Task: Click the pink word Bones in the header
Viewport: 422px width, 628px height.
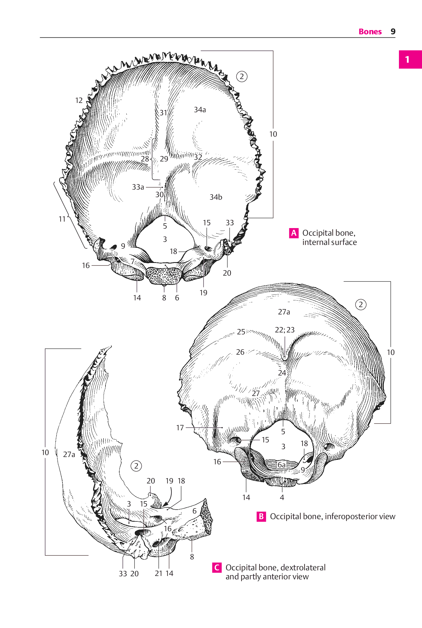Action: coord(370,31)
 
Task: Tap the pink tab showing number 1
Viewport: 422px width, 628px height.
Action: coord(410,59)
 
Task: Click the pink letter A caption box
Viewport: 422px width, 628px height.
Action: coord(294,233)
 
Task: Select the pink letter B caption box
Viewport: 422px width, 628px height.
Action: coord(261,516)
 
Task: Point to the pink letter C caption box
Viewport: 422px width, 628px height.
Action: coord(217,568)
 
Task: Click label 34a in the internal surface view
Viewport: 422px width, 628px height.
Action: coord(200,110)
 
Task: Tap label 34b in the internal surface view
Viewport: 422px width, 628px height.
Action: coord(216,197)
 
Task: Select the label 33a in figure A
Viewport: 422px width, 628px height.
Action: coord(138,187)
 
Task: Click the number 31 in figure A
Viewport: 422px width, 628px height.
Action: coord(163,113)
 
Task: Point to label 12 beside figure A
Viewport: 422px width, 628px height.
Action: coord(79,100)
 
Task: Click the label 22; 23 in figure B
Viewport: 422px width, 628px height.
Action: coord(285,330)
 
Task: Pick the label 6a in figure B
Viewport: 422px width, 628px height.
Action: coord(282,465)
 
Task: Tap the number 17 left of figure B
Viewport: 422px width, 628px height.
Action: coord(180,428)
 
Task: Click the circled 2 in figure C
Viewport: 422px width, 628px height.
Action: coord(136,466)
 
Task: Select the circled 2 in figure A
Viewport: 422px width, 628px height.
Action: coord(242,76)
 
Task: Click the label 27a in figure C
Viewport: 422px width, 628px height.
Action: coord(69,454)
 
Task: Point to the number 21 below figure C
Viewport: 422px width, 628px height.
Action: coord(159,573)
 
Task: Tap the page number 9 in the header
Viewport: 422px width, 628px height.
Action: coord(393,31)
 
